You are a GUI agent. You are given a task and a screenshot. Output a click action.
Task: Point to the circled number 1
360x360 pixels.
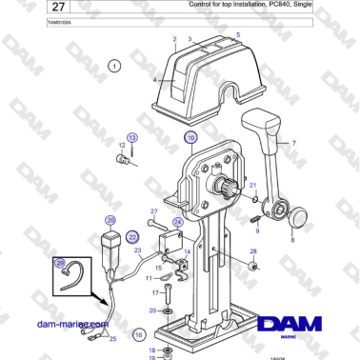[x=114, y=66]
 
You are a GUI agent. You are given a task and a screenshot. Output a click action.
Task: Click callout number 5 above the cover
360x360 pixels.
[x=237, y=35]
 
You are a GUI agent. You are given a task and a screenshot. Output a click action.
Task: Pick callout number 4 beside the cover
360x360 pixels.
[x=155, y=80]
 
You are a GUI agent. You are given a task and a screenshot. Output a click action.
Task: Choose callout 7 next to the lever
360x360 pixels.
[x=293, y=144]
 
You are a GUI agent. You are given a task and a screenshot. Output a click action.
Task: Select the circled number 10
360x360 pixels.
[x=190, y=138]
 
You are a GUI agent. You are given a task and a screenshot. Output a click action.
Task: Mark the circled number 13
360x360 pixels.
[x=132, y=138]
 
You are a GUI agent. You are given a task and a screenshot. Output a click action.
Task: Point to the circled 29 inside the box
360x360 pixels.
[x=59, y=264]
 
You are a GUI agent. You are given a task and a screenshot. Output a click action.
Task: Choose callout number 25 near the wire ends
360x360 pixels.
[x=112, y=338]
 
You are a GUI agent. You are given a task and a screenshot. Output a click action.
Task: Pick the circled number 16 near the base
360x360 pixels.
[x=139, y=334]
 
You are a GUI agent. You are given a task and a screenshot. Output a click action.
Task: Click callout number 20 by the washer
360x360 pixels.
[x=153, y=310]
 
